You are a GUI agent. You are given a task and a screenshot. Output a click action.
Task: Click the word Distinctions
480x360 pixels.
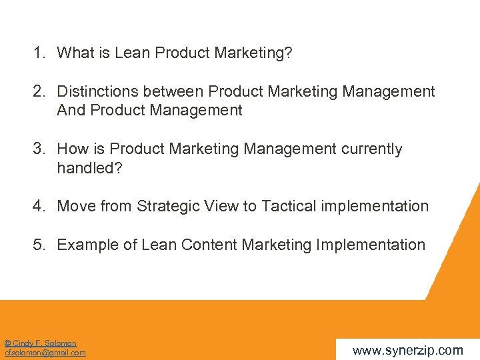pos(97,91)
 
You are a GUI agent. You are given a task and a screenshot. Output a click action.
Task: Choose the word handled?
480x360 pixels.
pos(90,167)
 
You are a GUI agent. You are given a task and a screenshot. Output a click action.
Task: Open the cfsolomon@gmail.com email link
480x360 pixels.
pos(45,353)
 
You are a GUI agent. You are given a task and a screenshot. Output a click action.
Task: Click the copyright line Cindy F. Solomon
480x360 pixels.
pos(41,343)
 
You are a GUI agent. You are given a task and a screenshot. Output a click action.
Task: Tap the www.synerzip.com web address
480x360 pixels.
pos(407,350)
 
